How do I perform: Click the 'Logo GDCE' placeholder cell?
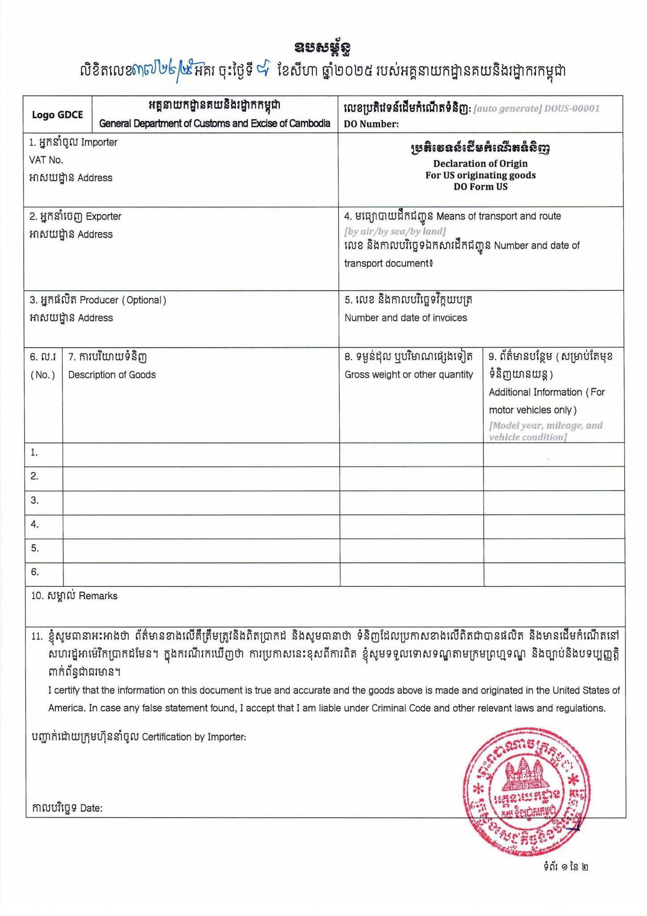coord(57,114)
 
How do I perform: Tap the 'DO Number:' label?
coord(371,124)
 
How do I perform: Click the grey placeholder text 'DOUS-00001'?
coord(571,108)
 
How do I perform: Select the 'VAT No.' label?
coord(46,160)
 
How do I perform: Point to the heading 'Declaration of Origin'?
coord(480,163)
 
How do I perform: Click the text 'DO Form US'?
coord(480,187)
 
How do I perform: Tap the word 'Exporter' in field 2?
coord(103,216)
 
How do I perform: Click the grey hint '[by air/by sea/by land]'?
coord(394,231)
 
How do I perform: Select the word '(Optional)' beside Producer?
coord(144,300)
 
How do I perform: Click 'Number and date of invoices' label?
coord(406,318)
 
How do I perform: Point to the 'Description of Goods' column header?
coord(112,375)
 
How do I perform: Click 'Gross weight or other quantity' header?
coord(409,375)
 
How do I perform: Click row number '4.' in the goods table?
coord(35,524)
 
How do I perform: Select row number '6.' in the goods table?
coord(35,572)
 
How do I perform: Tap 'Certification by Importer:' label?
coord(194,737)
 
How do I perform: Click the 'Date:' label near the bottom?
coord(91,808)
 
